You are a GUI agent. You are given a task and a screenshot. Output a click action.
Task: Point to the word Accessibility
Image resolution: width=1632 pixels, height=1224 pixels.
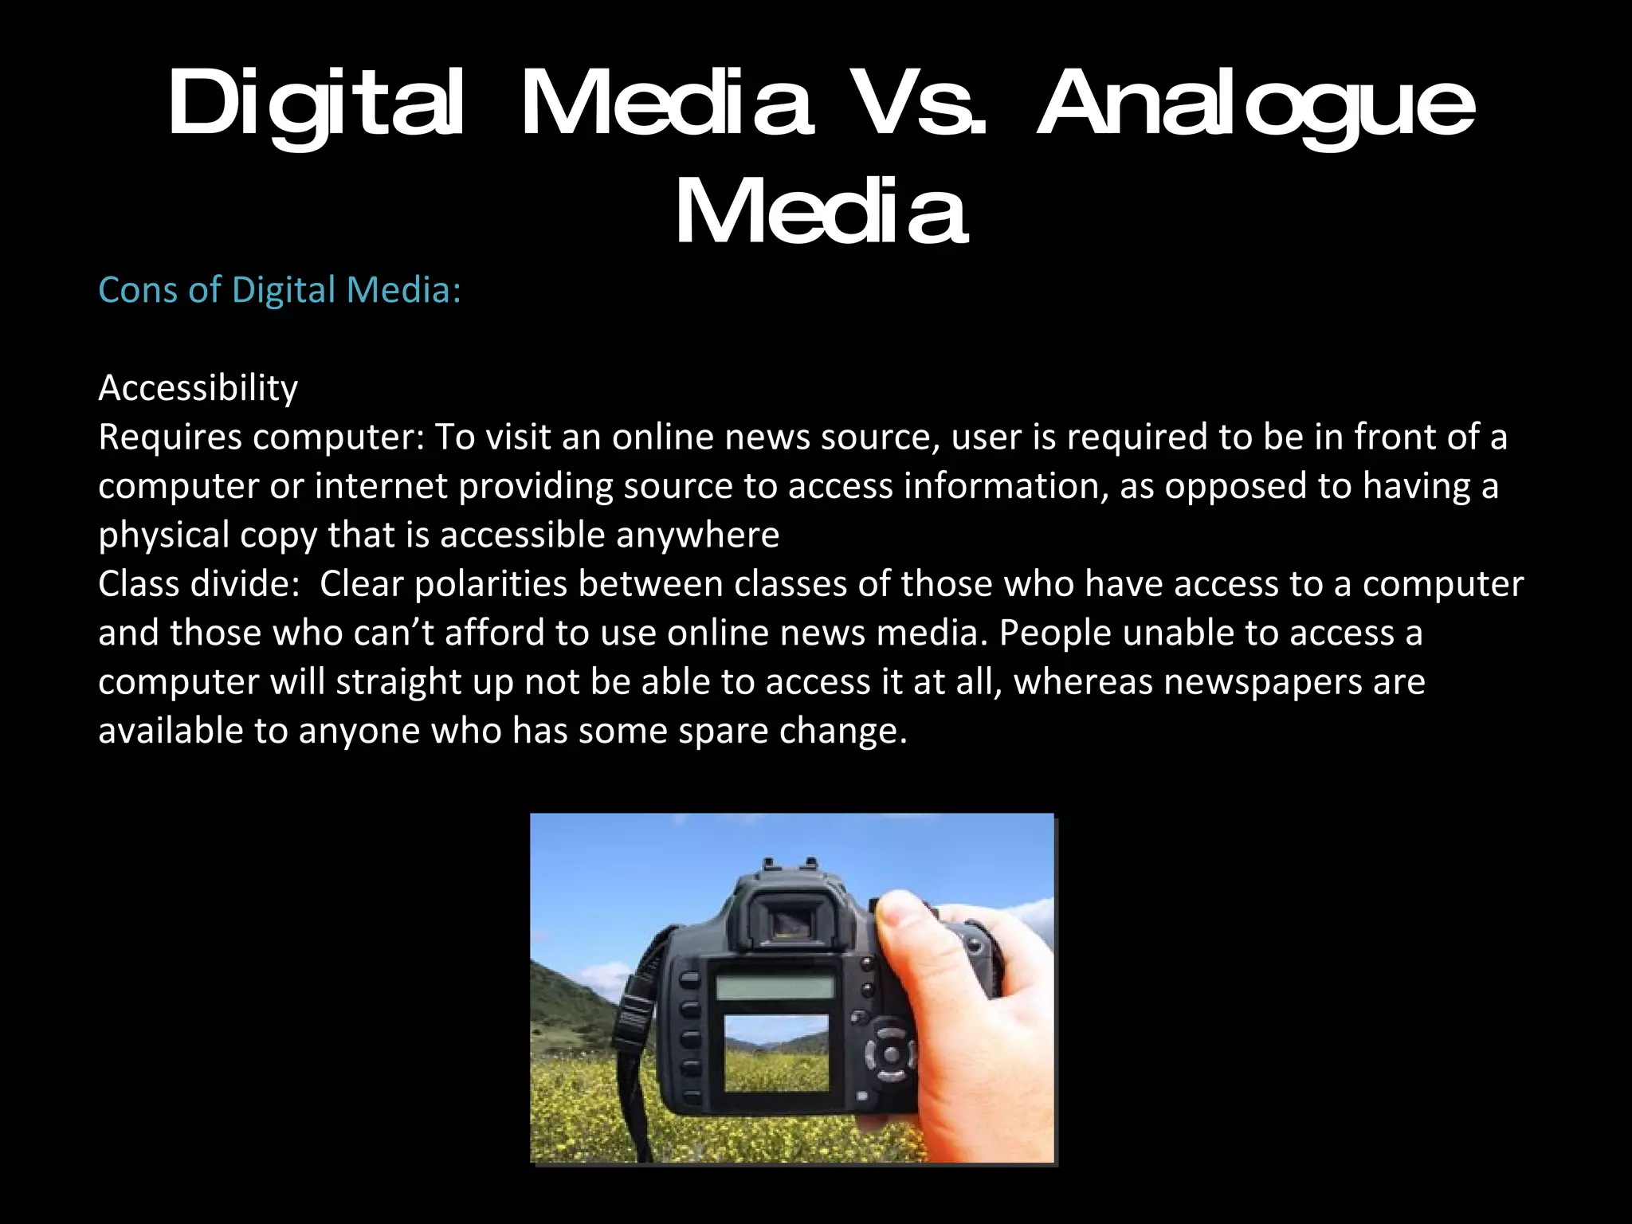198,389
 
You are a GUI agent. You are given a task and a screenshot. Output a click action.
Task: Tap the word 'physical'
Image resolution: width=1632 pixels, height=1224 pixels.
163,535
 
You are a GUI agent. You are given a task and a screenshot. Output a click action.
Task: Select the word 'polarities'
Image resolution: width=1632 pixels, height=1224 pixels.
490,584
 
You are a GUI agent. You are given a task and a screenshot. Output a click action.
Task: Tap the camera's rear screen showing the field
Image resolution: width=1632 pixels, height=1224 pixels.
775,1052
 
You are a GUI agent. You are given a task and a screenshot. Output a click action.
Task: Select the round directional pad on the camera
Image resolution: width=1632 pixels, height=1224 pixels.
891,1054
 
